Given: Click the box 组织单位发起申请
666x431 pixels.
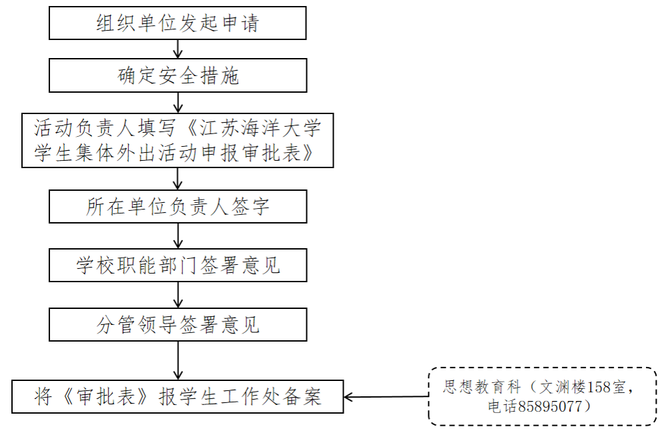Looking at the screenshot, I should (x=178, y=24).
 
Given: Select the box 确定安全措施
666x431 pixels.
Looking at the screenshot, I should (x=178, y=75).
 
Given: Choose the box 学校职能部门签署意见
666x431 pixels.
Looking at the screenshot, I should (x=178, y=266).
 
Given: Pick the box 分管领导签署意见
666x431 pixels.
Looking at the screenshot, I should (x=178, y=325).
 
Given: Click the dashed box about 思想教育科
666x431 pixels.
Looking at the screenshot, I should (x=542, y=396).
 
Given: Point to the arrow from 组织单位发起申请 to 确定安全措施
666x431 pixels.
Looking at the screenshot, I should (x=178, y=49).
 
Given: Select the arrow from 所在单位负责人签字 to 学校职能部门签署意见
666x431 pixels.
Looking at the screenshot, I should (x=178, y=236).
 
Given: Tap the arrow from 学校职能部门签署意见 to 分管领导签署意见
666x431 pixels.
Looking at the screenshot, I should (x=178, y=294).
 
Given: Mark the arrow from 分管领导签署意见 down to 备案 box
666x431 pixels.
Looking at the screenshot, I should (x=178, y=360).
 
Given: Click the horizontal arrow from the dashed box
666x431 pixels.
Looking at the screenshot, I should (x=386, y=398).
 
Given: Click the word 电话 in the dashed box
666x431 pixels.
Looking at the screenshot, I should (x=503, y=406).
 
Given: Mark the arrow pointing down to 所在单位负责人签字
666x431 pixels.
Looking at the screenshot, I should (x=178, y=178).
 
